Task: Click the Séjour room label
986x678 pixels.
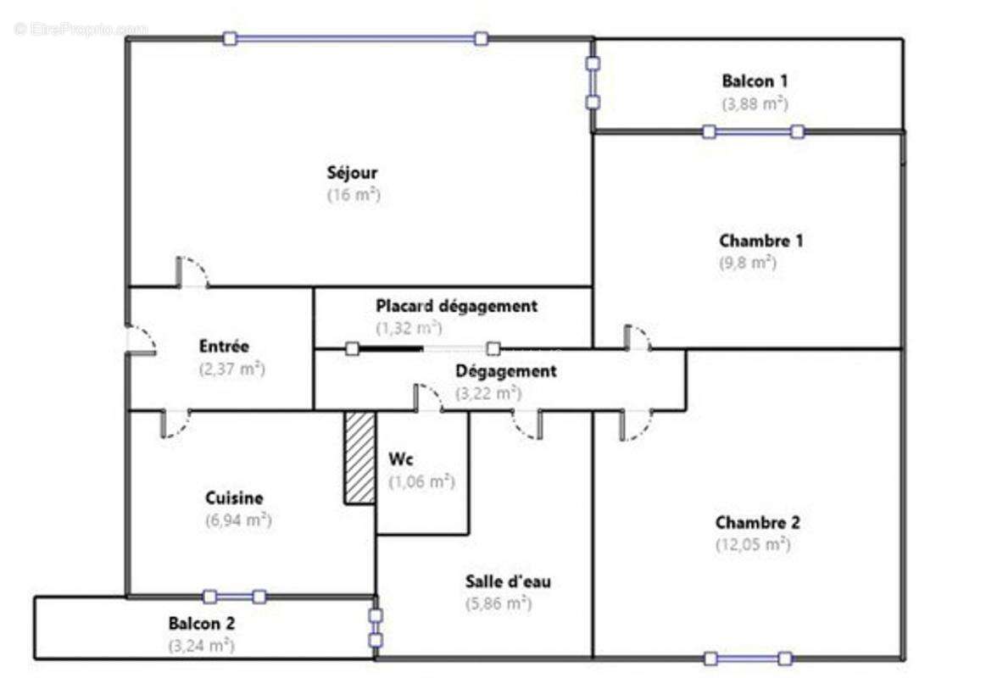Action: pyautogui.click(x=353, y=173)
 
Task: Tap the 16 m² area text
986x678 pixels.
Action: pyautogui.click(x=353, y=194)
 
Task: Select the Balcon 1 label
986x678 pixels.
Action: pyautogui.click(x=755, y=81)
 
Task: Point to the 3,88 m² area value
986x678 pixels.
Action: pyautogui.click(x=755, y=103)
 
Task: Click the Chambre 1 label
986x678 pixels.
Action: pyautogui.click(x=760, y=241)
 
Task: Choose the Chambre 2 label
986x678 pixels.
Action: pyautogui.click(x=757, y=523)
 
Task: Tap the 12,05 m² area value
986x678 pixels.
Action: pyautogui.click(x=753, y=544)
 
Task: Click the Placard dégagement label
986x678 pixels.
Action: pyautogui.click(x=456, y=306)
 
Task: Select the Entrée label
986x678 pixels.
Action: pyautogui.click(x=224, y=347)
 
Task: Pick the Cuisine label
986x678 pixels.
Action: pyautogui.click(x=234, y=498)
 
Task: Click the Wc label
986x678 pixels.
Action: pyautogui.click(x=401, y=460)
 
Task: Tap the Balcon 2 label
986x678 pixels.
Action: pyautogui.click(x=201, y=623)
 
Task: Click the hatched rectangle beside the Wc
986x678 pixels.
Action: pyautogui.click(x=359, y=458)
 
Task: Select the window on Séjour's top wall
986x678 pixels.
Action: pyautogui.click(x=355, y=38)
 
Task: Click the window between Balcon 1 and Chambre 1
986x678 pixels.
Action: pyautogui.click(x=753, y=131)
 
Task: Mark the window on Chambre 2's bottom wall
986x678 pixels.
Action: pyautogui.click(x=748, y=659)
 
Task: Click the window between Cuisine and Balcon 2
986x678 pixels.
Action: pyautogui.click(x=235, y=597)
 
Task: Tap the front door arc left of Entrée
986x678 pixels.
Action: pyautogui.click(x=140, y=339)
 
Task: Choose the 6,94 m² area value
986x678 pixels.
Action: pyautogui.click(x=238, y=520)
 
